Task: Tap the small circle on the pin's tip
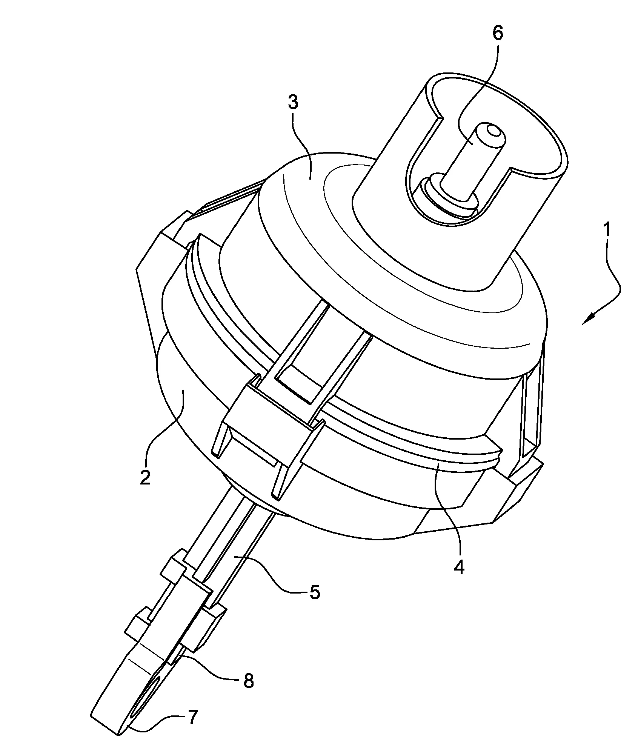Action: [x=493, y=131]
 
